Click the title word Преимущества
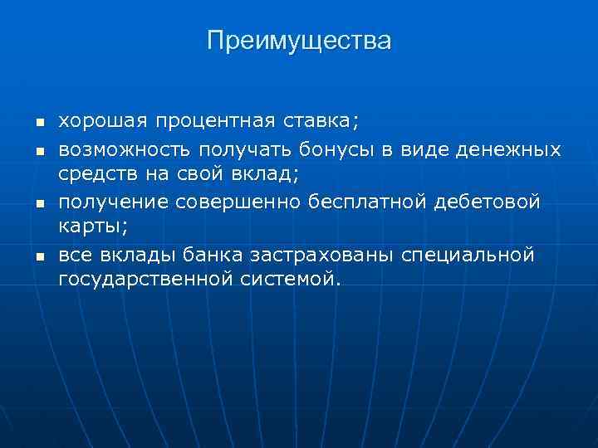point(299,41)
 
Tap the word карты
point(89,227)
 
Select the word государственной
point(146,280)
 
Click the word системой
point(291,280)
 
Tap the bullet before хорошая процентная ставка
point(38,124)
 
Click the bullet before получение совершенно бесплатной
point(38,202)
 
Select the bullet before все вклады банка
point(38,255)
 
